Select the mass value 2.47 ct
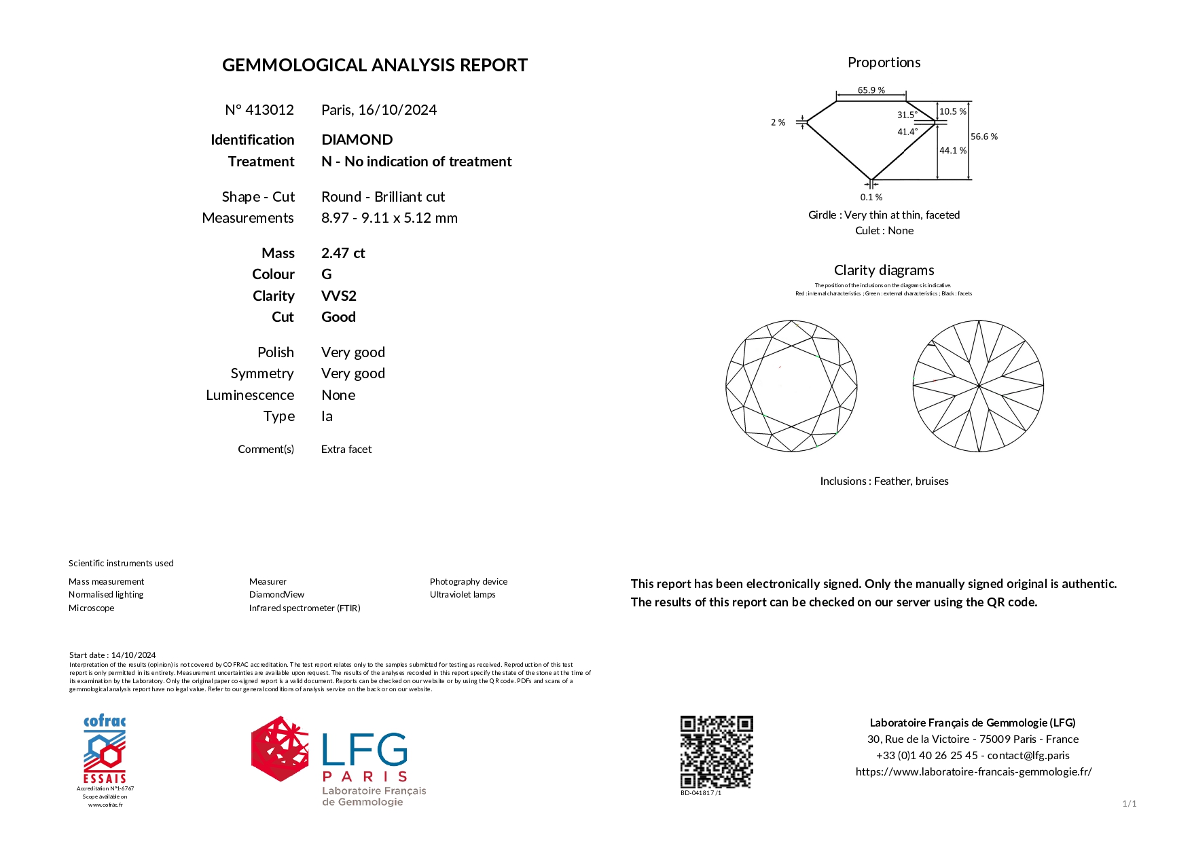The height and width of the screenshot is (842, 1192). pos(343,253)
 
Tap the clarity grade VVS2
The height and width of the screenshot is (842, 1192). pos(338,296)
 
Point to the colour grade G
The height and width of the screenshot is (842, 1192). pos(327,274)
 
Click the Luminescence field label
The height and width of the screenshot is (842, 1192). pos(250,395)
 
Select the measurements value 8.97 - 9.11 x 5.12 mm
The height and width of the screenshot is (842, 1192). pos(389,218)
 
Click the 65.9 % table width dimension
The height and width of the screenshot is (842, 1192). pos(871,90)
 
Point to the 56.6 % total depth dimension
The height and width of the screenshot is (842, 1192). pos(983,136)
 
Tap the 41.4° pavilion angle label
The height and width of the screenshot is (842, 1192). pos(907,132)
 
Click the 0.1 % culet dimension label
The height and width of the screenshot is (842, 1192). pos(871,198)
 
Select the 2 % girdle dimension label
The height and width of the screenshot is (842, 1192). pos(778,123)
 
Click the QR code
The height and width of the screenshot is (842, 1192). pos(717,752)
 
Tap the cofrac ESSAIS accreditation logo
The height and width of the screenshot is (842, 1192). pos(105,750)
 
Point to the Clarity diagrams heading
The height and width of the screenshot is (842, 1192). pos(884,270)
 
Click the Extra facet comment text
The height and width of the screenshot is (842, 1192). pos(346,450)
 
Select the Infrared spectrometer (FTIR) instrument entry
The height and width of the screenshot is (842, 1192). pos(304,608)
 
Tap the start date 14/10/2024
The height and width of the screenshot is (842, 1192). pos(133,655)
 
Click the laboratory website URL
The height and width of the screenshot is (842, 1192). pos(973,772)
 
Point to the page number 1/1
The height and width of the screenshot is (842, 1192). pos(1129,804)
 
